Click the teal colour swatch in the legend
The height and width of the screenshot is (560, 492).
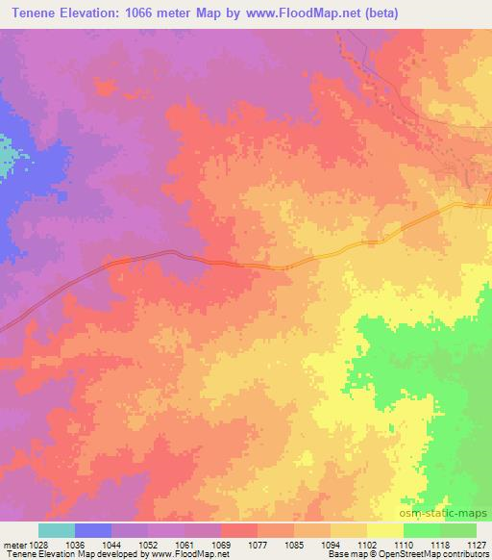(x=57, y=530)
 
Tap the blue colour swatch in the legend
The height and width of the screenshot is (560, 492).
(x=93, y=530)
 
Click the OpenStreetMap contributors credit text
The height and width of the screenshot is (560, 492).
(x=432, y=553)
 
